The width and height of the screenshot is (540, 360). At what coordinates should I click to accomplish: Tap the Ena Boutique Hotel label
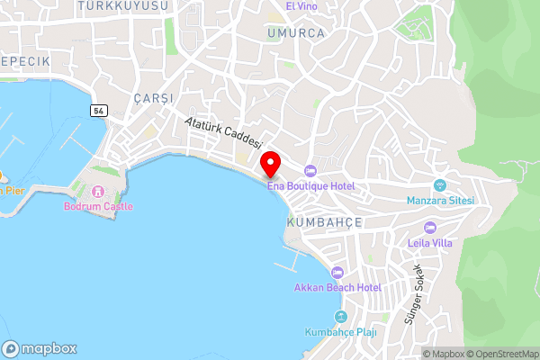point(311,185)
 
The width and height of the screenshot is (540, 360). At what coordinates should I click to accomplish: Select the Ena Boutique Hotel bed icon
point(311,171)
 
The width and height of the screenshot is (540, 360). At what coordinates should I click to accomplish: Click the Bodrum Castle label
point(98,206)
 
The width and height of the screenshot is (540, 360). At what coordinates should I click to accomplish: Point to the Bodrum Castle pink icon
point(99,191)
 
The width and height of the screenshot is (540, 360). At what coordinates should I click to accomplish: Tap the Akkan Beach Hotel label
point(337,288)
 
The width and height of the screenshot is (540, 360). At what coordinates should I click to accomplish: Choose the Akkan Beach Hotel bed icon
point(337,273)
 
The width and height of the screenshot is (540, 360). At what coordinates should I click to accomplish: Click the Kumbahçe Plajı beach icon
point(340,317)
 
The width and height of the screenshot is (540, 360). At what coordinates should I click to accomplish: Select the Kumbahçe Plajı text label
point(340,332)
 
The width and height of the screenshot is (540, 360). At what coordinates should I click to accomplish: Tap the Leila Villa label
point(429,242)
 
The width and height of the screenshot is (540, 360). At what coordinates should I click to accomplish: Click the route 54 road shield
point(97,109)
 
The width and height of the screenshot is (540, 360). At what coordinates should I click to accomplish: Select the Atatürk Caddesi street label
point(223,132)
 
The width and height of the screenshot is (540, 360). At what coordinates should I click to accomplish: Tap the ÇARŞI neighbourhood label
point(151,97)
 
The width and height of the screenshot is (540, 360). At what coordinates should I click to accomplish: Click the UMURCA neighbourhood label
point(294,32)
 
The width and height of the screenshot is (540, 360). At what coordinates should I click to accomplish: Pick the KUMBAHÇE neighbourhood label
point(324,221)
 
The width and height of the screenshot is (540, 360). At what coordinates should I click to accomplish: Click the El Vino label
point(301,5)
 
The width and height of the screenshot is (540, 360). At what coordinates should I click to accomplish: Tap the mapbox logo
point(40,348)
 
